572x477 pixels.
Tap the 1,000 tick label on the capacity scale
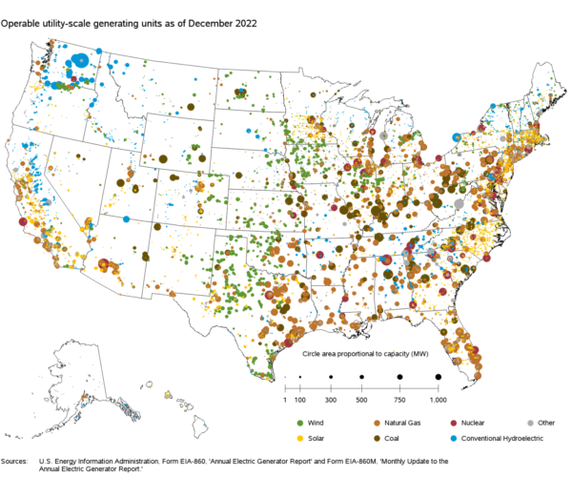pyautogui.click(x=438, y=399)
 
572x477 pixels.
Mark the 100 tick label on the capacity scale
pyautogui.click(x=299, y=399)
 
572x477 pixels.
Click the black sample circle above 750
pyautogui.click(x=399, y=378)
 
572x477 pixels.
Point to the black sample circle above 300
pyautogui.click(x=331, y=378)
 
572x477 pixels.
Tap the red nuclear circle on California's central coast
pyautogui.click(x=22, y=222)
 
